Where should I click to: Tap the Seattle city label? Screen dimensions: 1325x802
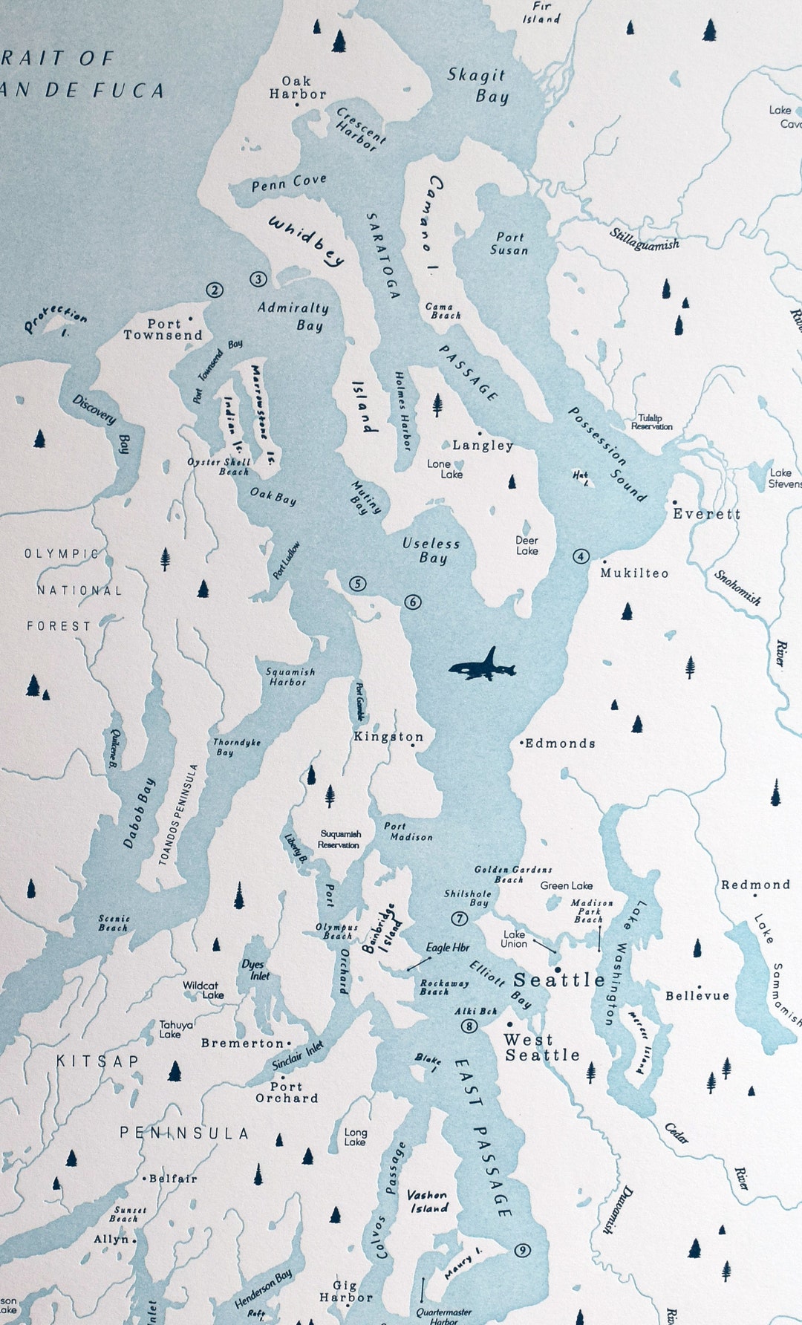click(559, 980)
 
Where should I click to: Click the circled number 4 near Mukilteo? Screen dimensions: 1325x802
click(581, 556)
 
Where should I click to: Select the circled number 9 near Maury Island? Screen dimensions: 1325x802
click(523, 1251)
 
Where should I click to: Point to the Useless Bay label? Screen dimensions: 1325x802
click(431, 551)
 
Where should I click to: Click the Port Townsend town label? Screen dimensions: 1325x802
click(163, 329)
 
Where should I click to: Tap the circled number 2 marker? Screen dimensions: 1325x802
click(215, 290)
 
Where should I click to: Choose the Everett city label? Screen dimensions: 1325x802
click(706, 514)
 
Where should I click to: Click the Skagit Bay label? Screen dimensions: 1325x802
click(478, 85)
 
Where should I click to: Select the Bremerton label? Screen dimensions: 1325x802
click(242, 1044)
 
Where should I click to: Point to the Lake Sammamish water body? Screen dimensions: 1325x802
click(761, 980)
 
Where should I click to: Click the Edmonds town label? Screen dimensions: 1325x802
click(560, 743)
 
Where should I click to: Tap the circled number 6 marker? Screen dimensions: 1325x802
click(413, 602)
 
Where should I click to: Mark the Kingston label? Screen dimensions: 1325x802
click(388, 737)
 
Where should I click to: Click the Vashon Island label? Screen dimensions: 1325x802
click(428, 1202)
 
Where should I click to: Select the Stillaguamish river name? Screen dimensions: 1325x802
click(645, 240)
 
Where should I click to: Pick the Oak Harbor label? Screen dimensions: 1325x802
click(297, 88)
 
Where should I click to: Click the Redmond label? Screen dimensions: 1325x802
click(755, 885)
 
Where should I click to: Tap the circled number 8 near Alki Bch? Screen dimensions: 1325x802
click(469, 1026)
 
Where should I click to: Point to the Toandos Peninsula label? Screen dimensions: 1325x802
click(179, 815)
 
